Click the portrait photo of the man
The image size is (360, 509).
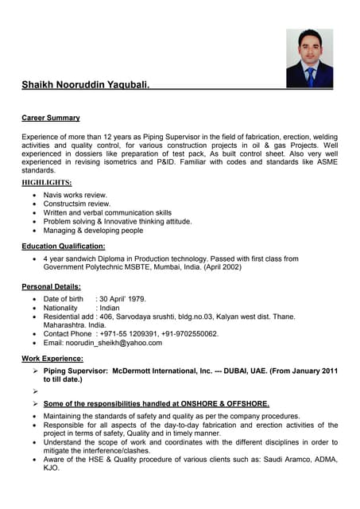click(309, 58)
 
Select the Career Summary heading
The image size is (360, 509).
click(51, 118)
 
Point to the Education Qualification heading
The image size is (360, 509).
click(64, 247)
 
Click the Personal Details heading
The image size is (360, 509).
click(52, 286)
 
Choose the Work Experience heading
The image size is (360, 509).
click(53, 359)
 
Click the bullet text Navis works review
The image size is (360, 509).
click(75, 195)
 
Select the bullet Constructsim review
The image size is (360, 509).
click(76, 204)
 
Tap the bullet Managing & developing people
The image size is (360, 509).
click(93, 231)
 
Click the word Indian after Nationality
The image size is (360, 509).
click(110, 307)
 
